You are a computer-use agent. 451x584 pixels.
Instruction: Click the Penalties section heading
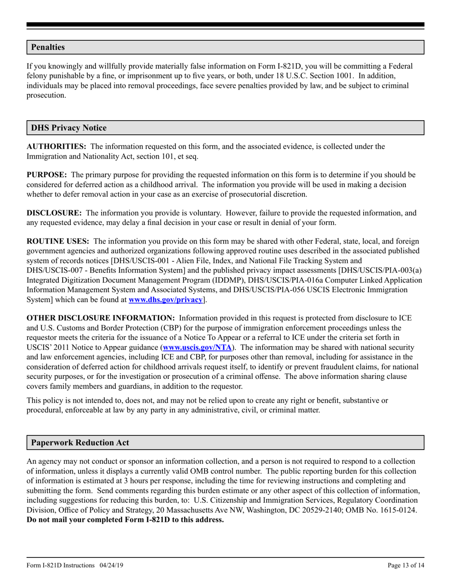48,47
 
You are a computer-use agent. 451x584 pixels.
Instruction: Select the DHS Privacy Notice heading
69,128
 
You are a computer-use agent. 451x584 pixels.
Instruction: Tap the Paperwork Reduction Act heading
80,443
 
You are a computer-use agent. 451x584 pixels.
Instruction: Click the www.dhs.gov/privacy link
166,300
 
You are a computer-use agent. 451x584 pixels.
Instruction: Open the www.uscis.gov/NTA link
197,348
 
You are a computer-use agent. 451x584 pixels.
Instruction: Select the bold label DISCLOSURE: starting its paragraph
54,213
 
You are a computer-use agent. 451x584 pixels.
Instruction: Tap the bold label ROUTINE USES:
57,242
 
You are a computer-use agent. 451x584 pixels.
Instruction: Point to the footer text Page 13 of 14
406,565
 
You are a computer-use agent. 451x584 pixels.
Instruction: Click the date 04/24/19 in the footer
112,565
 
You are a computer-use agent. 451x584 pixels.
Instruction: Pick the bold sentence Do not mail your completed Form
125,519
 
